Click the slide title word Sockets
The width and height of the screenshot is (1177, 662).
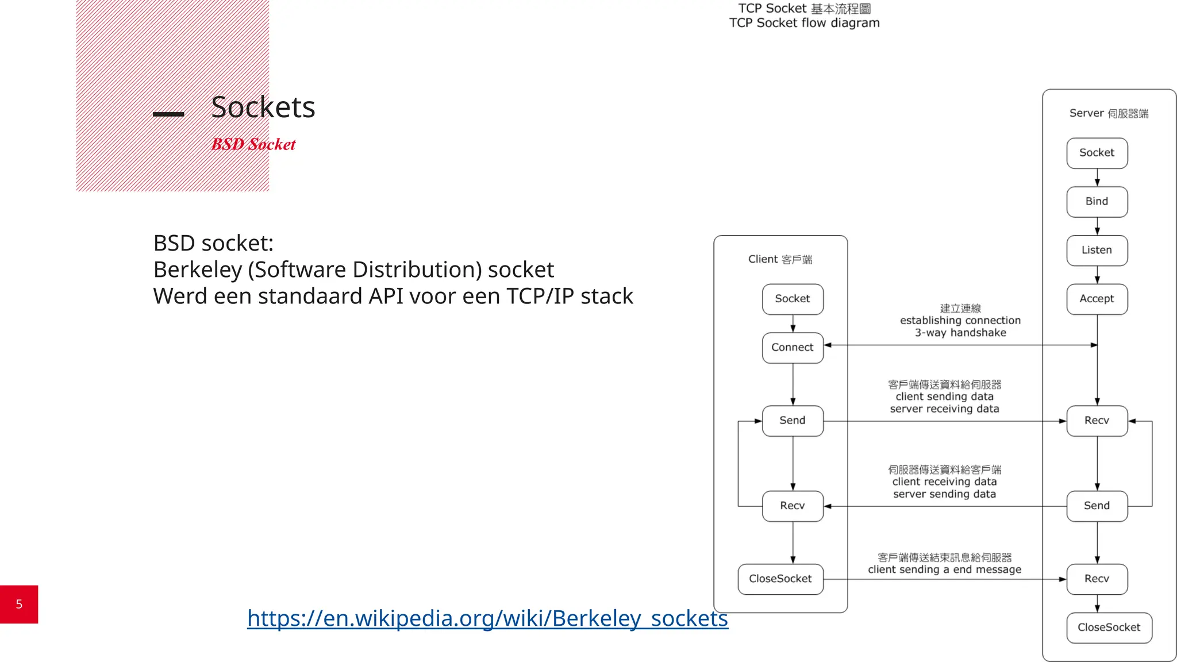point(263,107)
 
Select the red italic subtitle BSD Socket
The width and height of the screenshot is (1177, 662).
point(253,144)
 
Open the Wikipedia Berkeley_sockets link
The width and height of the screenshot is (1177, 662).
point(487,618)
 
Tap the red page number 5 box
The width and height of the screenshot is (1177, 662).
point(19,604)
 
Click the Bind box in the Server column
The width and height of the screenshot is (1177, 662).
point(1097,202)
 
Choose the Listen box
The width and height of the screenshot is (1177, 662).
point(1097,250)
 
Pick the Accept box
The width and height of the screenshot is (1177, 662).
point(1097,299)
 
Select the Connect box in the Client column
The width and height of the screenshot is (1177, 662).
point(792,348)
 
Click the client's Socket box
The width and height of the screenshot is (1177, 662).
point(792,299)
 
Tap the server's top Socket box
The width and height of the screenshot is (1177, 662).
point(1097,153)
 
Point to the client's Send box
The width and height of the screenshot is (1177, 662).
point(792,421)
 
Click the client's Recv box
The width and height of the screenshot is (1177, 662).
point(792,506)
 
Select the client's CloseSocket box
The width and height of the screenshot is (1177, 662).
point(780,579)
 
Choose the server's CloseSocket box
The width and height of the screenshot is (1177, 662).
point(1109,628)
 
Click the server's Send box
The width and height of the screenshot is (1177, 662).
point(1097,506)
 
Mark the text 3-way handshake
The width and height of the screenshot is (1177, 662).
point(960,333)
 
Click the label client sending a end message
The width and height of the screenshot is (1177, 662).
point(944,569)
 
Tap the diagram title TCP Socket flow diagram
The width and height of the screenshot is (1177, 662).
point(804,23)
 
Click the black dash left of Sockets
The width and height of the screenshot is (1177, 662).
point(168,114)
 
